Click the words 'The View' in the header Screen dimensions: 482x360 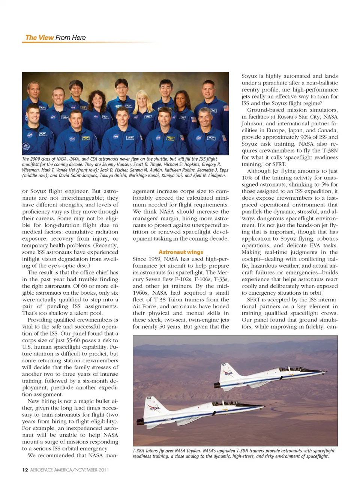tap(39, 38)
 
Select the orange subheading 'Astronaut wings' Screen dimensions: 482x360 tap(181, 252)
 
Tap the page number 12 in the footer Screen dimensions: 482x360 tap(25, 470)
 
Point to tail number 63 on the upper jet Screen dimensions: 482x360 tap(223, 365)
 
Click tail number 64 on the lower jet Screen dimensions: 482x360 tap(149, 398)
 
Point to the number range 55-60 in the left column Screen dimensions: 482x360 tap(64, 340)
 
